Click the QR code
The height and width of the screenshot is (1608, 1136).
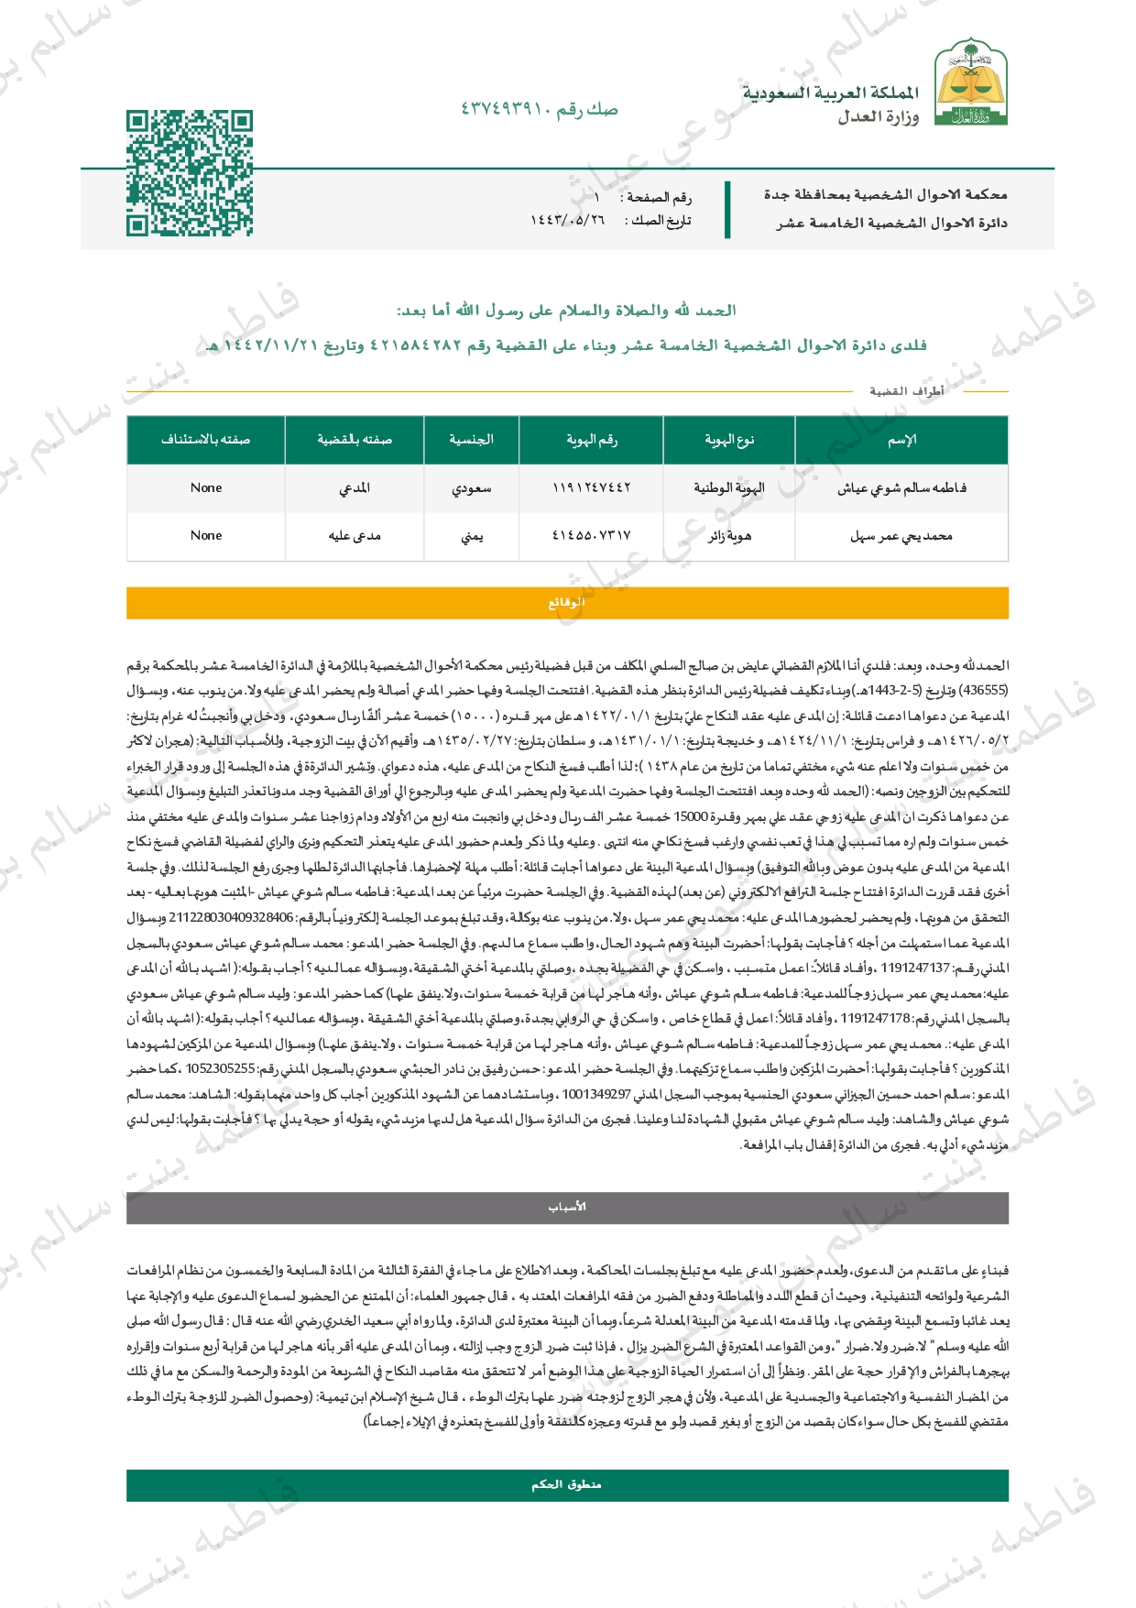tap(189, 173)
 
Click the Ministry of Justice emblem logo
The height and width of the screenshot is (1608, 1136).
tap(970, 82)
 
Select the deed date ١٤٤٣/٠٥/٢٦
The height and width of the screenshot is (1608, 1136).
tap(568, 221)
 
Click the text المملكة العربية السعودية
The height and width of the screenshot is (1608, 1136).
tap(830, 93)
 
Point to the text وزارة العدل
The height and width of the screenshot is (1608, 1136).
tap(878, 116)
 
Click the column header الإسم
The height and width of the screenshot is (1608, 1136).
tap(901, 440)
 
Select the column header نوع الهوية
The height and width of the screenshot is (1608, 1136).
tap(728, 440)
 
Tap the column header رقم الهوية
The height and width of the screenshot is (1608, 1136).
tap(591, 440)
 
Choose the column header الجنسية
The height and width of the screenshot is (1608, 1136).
tap(471, 440)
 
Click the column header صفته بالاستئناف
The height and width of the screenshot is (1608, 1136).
tap(206, 440)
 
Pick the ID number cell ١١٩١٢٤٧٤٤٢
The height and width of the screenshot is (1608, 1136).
tap(591, 488)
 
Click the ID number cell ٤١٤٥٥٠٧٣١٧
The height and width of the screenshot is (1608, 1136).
tap(591, 536)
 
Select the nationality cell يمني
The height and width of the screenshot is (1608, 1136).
tap(471, 536)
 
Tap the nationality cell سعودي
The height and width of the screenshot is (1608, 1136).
tap(471, 488)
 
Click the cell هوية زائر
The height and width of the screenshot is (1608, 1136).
tap(728, 536)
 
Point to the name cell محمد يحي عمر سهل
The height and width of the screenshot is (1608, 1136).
tap(901, 536)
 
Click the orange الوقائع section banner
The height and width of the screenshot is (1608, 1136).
tap(567, 603)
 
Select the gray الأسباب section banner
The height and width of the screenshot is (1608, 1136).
tap(567, 1208)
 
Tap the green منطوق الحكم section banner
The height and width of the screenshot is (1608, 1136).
tap(567, 1485)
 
